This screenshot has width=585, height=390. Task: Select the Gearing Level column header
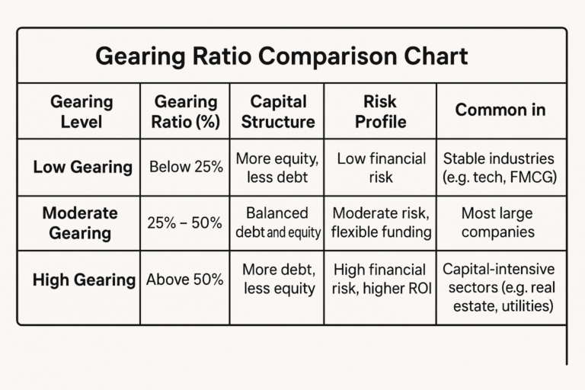[81, 111]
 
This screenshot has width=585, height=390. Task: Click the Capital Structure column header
[278, 111]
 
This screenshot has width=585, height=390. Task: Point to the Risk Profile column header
[380, 111]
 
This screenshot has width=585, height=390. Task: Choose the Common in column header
[500, 110]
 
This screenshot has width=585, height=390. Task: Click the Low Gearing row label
[82, 167]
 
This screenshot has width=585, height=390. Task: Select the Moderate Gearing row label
[80, 222]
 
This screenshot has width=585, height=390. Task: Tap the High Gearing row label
[83, 280]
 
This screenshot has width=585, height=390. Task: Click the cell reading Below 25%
[187, 167]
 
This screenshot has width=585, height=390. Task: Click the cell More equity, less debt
[278, 168]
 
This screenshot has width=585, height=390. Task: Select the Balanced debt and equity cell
[278, 222]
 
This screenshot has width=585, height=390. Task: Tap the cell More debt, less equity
[278, 279]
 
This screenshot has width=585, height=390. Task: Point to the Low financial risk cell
[380, 168]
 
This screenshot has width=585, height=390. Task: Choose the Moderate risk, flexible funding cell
[382, 222]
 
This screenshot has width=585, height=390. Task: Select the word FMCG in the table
[536, 177]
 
